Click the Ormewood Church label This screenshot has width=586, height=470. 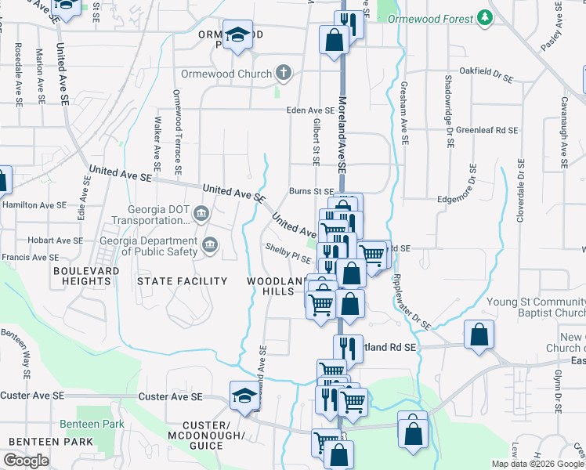point(226,74)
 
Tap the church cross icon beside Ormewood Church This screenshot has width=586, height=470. point(284,74)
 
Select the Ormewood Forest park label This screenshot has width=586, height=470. point(432,18)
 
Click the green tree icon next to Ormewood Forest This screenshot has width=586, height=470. point(486,17)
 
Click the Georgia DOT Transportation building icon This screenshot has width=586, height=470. point(201,212)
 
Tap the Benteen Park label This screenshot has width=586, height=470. point(92,424)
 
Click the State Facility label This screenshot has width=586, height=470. point(182,280)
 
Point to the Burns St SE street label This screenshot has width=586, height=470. point(311,190)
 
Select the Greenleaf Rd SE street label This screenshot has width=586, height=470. point(487,130)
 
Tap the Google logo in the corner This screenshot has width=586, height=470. point(26,461)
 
